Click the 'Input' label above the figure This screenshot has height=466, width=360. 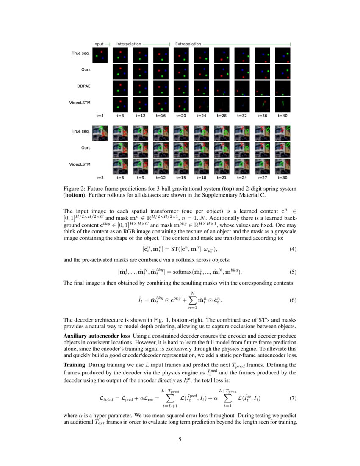(x=98, y=44)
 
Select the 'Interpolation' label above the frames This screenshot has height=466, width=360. (x=129, y=44)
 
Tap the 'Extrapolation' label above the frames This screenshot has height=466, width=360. (x=188, y=44)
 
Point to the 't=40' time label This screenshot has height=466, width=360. (x=282, y=115)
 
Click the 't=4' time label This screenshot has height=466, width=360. (x=100, y=115)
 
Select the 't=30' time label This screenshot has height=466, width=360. (x=282, y=178)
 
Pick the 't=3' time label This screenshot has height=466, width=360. (x=100, y=178)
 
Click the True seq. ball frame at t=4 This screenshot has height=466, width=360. (x=100, y=55)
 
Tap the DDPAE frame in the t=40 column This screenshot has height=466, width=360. (x=282, y=88)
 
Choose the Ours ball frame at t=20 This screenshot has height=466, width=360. (x=181, y=72)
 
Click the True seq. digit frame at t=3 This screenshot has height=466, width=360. (x=100, y=132)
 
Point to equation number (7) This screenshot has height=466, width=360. (x=292, y=398)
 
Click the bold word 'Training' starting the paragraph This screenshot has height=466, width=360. (x=74, y=365)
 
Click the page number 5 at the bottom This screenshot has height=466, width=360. (x=180, y=440)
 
